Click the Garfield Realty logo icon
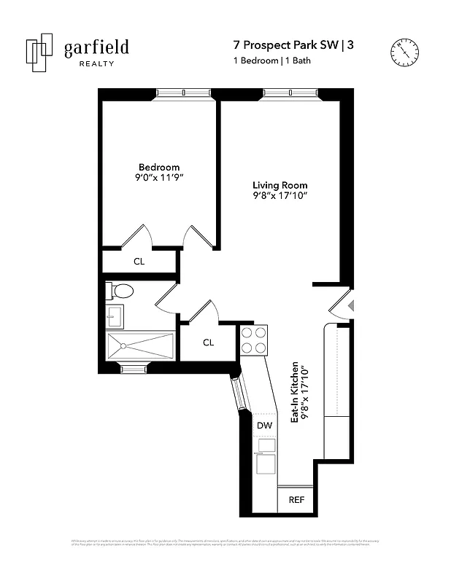point(39,52)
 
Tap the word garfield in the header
point(96,48)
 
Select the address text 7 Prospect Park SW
point(282,45)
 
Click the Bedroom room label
point(159,167)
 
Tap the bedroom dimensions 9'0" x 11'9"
point(159,178)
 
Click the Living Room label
point(280,185)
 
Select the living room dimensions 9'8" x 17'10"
point(280,196)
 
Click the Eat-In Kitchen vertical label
point(298,393)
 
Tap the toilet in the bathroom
point(120,291)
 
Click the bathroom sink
point(115,316)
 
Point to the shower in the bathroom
point(140,346)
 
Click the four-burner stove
point(254,340)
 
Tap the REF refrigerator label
point(296,500)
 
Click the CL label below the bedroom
point(139,261)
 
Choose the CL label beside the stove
point(208,343)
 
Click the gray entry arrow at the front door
point(350,305)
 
